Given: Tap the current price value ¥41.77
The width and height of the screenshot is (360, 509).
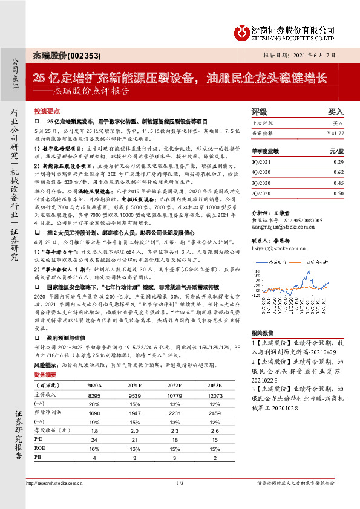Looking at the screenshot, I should tap(335, 133).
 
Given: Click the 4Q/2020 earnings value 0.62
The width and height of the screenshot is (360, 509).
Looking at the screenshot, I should tap(338, 173).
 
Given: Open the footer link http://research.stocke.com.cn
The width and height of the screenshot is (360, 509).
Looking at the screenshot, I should tap(54, 483).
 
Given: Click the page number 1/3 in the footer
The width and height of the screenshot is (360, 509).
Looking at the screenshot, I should tap(180, 483).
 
